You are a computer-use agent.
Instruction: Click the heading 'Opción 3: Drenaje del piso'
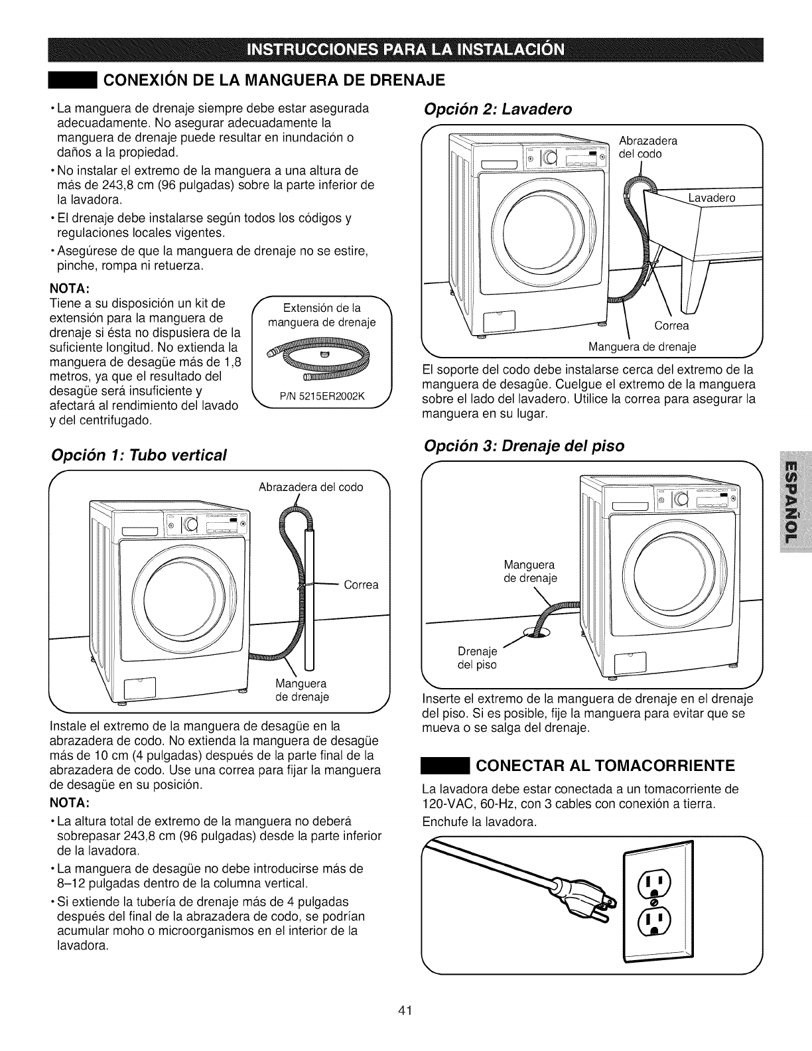click(x=523, y=445)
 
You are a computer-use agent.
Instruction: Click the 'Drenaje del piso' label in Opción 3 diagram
click(x=478, y=657)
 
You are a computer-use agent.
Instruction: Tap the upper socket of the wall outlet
click(x=654, y=882)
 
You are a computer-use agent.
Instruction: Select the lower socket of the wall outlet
click(x=654, y=919)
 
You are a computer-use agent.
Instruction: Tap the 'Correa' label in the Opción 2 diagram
click(x=671, y=325)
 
